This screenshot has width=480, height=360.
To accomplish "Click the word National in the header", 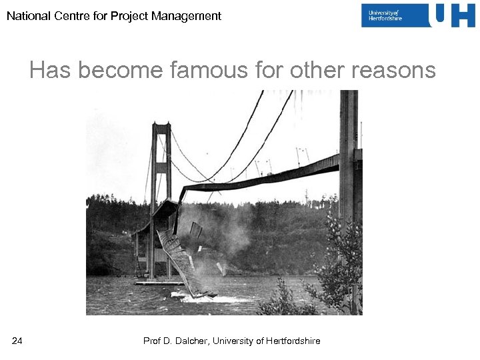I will [x=26, y=15].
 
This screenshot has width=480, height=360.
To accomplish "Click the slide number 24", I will [x=17, y=341].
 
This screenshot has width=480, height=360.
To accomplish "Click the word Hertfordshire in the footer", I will [x=293, y=341].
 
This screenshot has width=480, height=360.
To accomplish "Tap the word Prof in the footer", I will [x=153, y=341].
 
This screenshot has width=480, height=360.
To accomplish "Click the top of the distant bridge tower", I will [x=161, y=126].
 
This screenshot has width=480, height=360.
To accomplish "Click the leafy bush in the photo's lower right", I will [x=337, y=280].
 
